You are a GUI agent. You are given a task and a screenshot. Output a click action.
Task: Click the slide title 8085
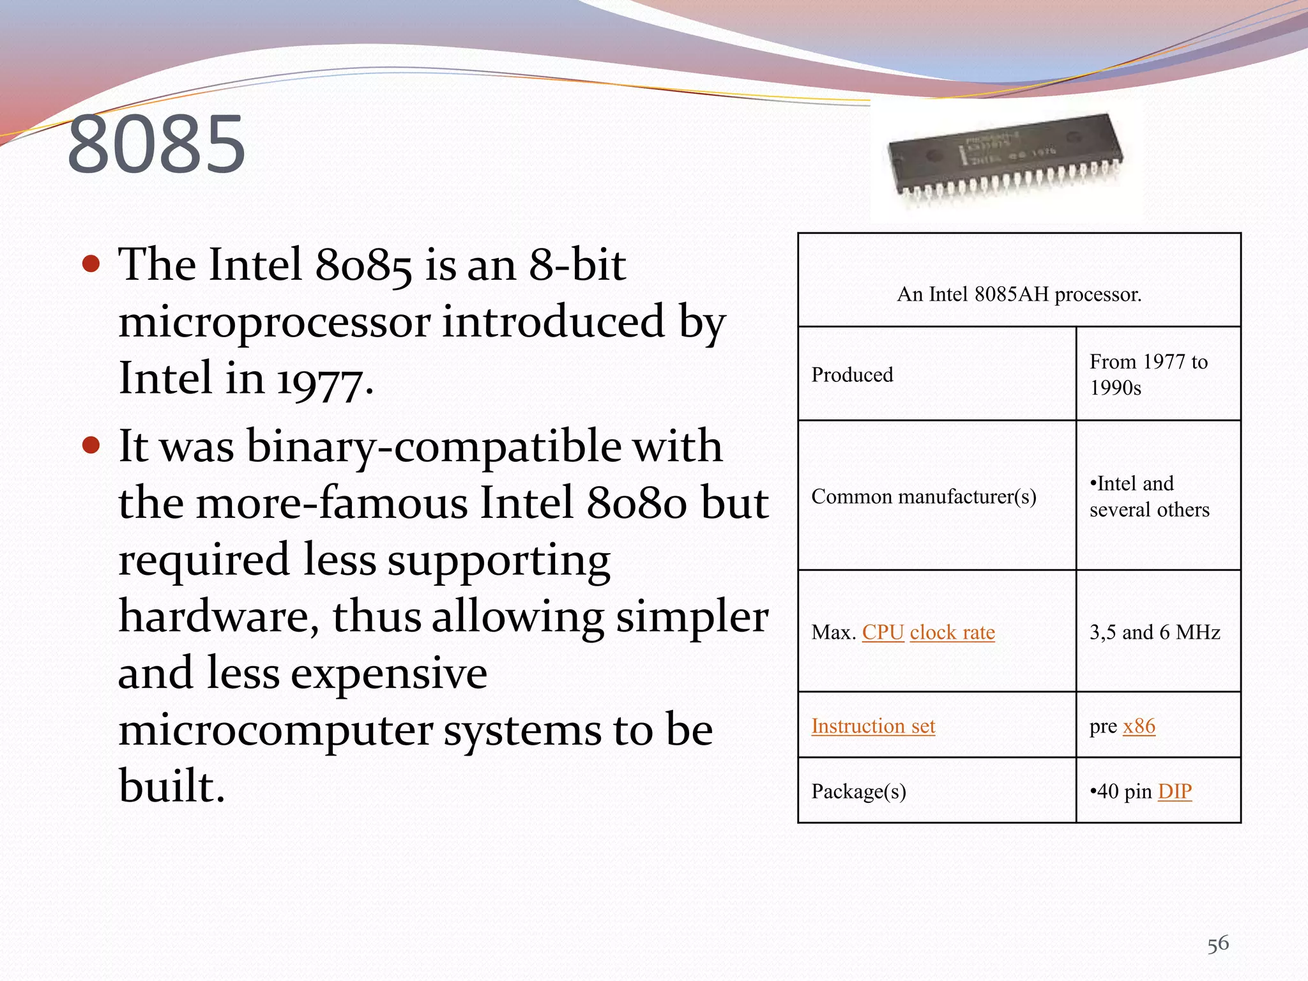point(156,145)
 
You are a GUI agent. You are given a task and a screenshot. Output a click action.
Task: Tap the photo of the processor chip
point(1005,160)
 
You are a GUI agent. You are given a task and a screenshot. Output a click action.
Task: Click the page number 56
point(1217,944)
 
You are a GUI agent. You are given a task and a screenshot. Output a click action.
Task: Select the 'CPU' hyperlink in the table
point(883,632)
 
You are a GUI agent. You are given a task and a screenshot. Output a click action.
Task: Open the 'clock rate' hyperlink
point(952,632)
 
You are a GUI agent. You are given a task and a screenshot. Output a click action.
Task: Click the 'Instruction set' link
point(873,726)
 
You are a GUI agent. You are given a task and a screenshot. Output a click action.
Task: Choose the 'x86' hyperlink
point(1139,726)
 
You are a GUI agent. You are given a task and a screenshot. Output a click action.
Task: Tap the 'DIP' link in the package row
point(1175,791)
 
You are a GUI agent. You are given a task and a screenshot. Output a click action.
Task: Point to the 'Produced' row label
point(852,375)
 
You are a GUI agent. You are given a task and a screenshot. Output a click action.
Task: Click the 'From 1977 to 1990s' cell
point(1148,375)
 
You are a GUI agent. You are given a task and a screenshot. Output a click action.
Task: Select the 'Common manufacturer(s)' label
point(924,497)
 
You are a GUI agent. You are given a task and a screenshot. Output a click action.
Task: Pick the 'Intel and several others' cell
point(1149,497)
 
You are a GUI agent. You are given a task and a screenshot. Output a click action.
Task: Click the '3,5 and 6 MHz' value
point(1155,632)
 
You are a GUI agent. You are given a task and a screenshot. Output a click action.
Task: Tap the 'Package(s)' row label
point(858,792)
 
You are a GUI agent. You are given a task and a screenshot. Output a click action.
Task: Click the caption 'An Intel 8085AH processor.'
point(1019,294)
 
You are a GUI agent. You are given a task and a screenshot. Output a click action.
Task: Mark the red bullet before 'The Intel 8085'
point(91,263)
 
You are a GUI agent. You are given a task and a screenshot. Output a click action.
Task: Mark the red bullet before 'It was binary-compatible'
point(91,445)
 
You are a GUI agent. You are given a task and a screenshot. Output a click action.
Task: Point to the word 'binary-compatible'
point(434,446)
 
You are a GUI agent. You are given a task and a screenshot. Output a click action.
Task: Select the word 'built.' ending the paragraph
point(172,786)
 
